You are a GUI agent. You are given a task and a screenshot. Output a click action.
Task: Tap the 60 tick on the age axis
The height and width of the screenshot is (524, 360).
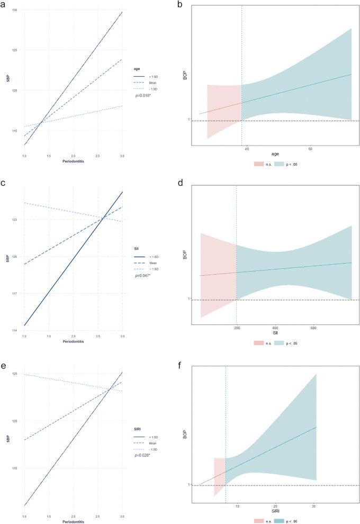pos(310,150)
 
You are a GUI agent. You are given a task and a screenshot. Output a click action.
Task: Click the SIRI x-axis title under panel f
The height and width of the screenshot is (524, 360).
pos(275,512)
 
